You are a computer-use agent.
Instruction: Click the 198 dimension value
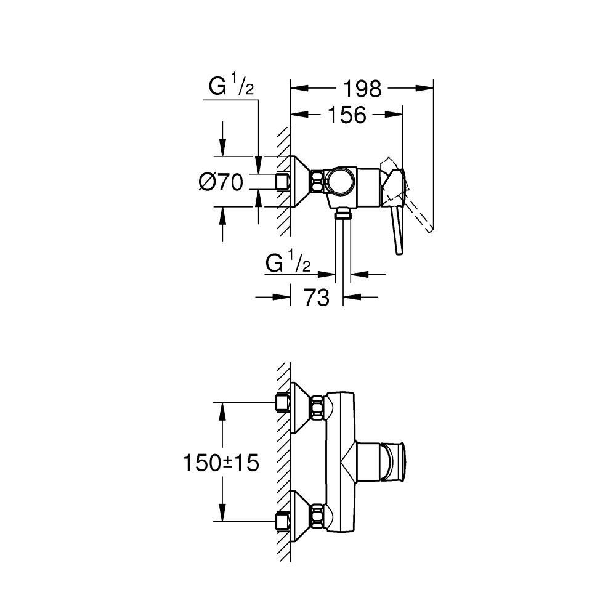tap(362, 89)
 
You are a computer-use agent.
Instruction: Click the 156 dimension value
tap(346, 115)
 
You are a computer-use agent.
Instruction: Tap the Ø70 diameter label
tap(221, 182)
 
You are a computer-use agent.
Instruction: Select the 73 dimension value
tap(317, 298)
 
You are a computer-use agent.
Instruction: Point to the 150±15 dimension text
tap(221, 463)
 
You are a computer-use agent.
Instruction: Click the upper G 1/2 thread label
tap(231, 86)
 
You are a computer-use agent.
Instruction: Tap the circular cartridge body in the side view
tap(341, 181)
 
